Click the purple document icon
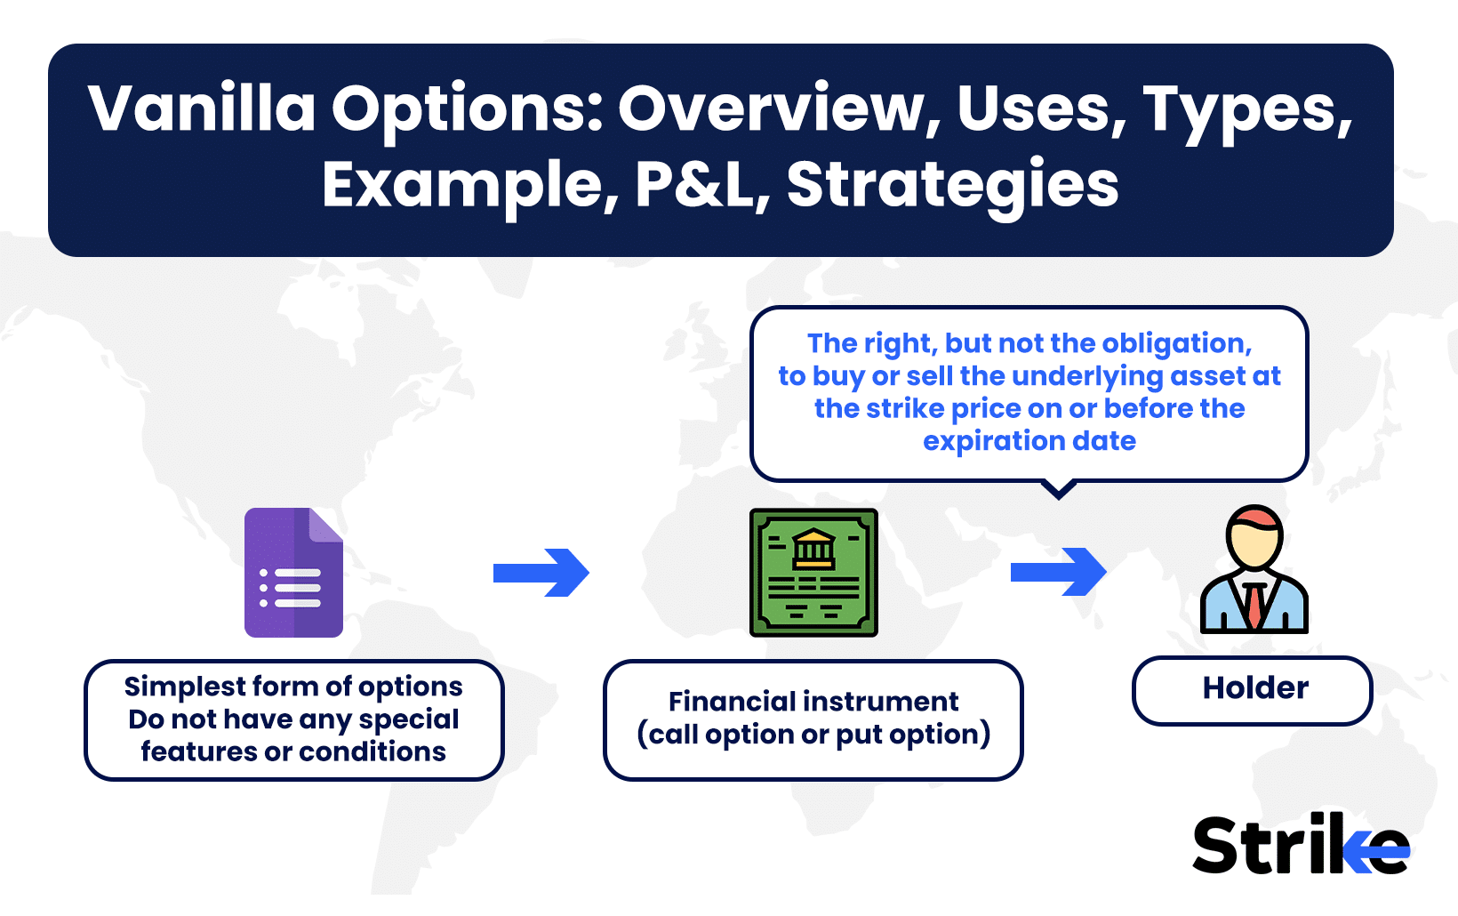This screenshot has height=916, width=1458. pos(293,572)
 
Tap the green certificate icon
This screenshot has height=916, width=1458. pos(813,572)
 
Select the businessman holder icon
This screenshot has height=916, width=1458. pos(1254,569)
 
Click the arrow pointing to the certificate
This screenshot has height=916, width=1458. pos(541,573)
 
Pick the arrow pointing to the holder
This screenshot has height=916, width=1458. pos(1058,572)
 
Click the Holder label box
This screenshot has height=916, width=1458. pos(1253,690)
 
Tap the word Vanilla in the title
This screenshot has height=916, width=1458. pos(202,108)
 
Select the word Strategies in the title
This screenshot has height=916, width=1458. pos(953,187)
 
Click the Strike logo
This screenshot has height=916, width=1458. pos(1301,843)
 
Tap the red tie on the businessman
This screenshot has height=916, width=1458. pos(1254,605)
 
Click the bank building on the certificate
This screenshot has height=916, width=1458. pos(813,549)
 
